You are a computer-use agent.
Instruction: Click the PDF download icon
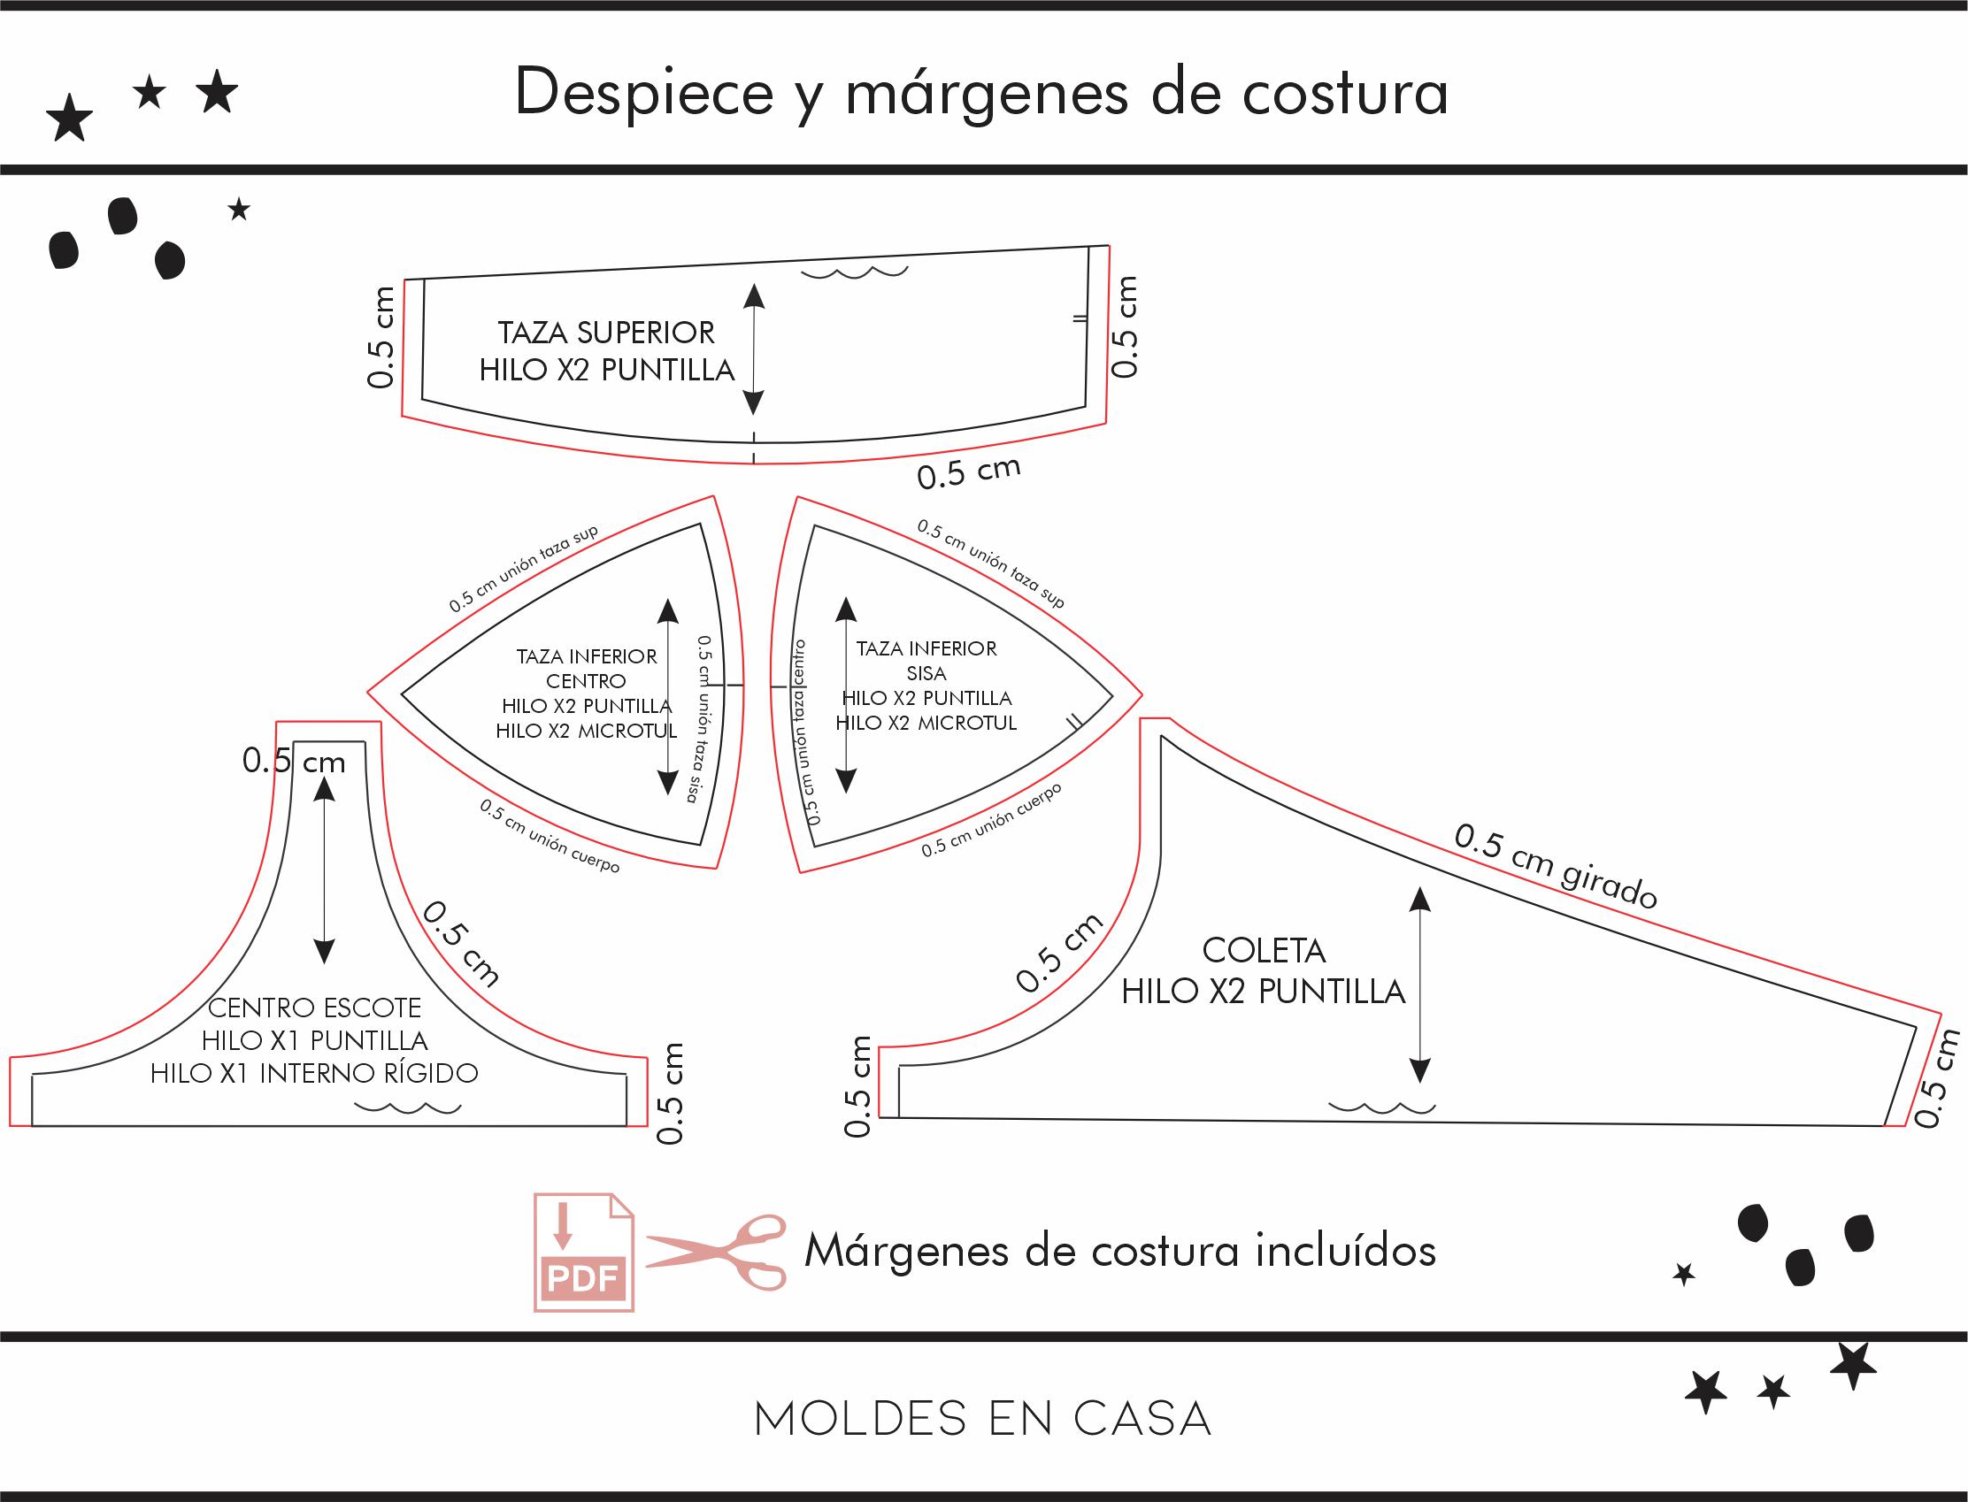(584, 1252)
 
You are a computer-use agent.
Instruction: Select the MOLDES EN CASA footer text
(982, 1418)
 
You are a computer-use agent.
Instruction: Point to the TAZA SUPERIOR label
(606, 333)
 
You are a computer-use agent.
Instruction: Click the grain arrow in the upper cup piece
(754, 349)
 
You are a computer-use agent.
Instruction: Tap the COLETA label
(1264, 950)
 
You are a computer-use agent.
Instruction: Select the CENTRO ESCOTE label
(314, 1008)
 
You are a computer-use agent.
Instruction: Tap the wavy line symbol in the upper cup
(855, 272)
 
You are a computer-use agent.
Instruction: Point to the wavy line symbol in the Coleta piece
(1381, 1107)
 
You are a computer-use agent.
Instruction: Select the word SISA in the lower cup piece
(926, 673)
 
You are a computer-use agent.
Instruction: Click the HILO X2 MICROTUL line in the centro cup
(587, 731)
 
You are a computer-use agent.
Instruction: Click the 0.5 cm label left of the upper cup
(381, 337)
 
